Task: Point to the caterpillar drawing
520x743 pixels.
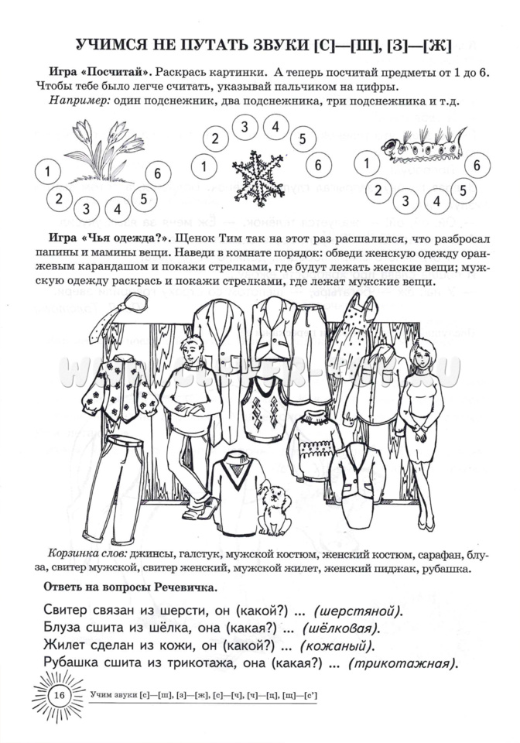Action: [422, 144]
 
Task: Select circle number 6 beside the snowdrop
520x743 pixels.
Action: [157, 173]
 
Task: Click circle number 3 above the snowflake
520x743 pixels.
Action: [244, 128]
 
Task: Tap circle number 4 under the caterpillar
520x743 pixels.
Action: [437, 202]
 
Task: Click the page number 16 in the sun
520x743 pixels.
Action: [59, 695]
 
